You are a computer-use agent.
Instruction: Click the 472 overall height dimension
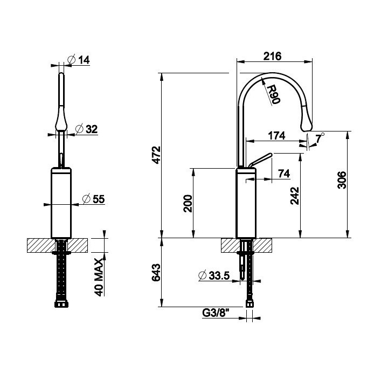[156, 155]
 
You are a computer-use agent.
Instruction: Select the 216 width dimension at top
[272, 56]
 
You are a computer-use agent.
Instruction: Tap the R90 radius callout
[274, 94]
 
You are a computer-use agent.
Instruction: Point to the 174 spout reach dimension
[276, 136]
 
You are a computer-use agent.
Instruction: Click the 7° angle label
[320, 137]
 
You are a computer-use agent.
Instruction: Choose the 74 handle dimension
[284, 174]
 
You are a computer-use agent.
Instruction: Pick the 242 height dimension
[294, 196]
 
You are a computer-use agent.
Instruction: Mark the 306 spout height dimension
[342, 180]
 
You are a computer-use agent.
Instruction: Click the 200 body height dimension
[188, 203]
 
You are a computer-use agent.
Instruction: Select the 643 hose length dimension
[156, 273]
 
